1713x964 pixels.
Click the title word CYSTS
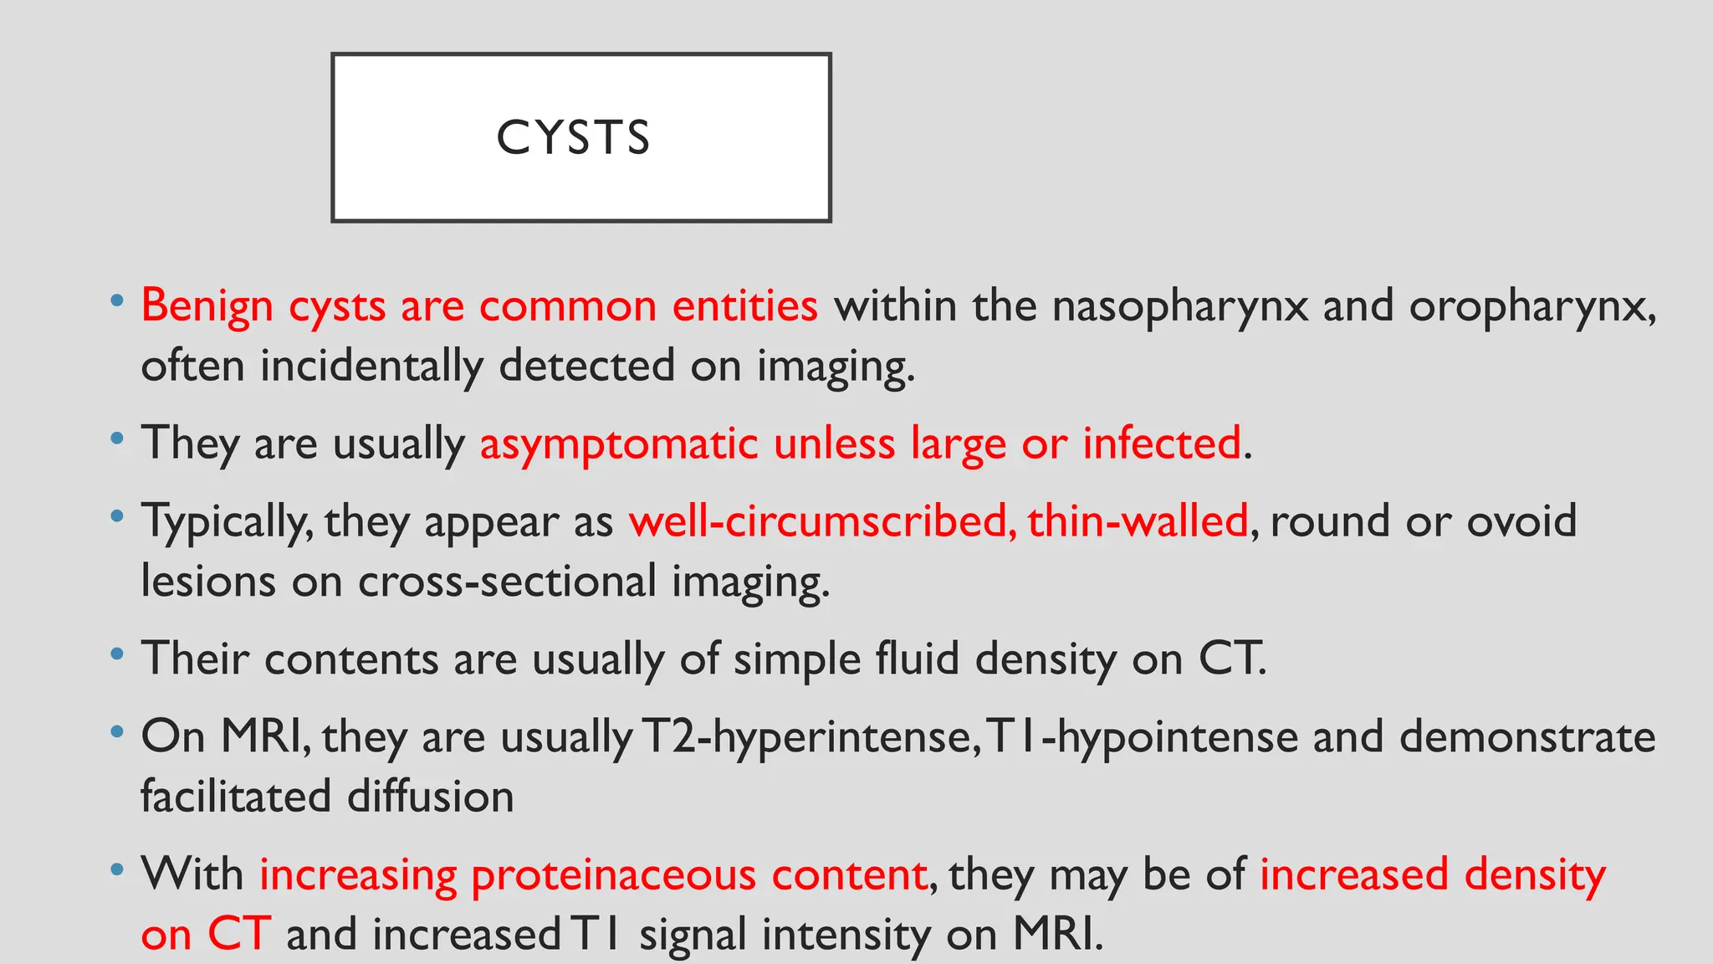[x=573, y=138]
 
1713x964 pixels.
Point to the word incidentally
[x=371, y=367]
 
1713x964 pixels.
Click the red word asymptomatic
[x=619, y=444]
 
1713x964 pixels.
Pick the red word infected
[x=1162, y=443]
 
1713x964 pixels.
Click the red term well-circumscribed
[x=823, y=521]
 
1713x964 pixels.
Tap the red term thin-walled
[x=1138, y=521]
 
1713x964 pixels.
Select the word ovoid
[x=1521, y=521]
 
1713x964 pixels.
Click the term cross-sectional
[x=507, y=582]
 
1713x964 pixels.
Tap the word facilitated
[x=236, y=796]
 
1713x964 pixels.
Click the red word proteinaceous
[x=613, y=874]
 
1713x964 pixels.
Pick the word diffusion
[x=430, y=796]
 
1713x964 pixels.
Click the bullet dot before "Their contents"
[x=117, y=654]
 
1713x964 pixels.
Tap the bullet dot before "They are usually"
[x=117, y=438]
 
